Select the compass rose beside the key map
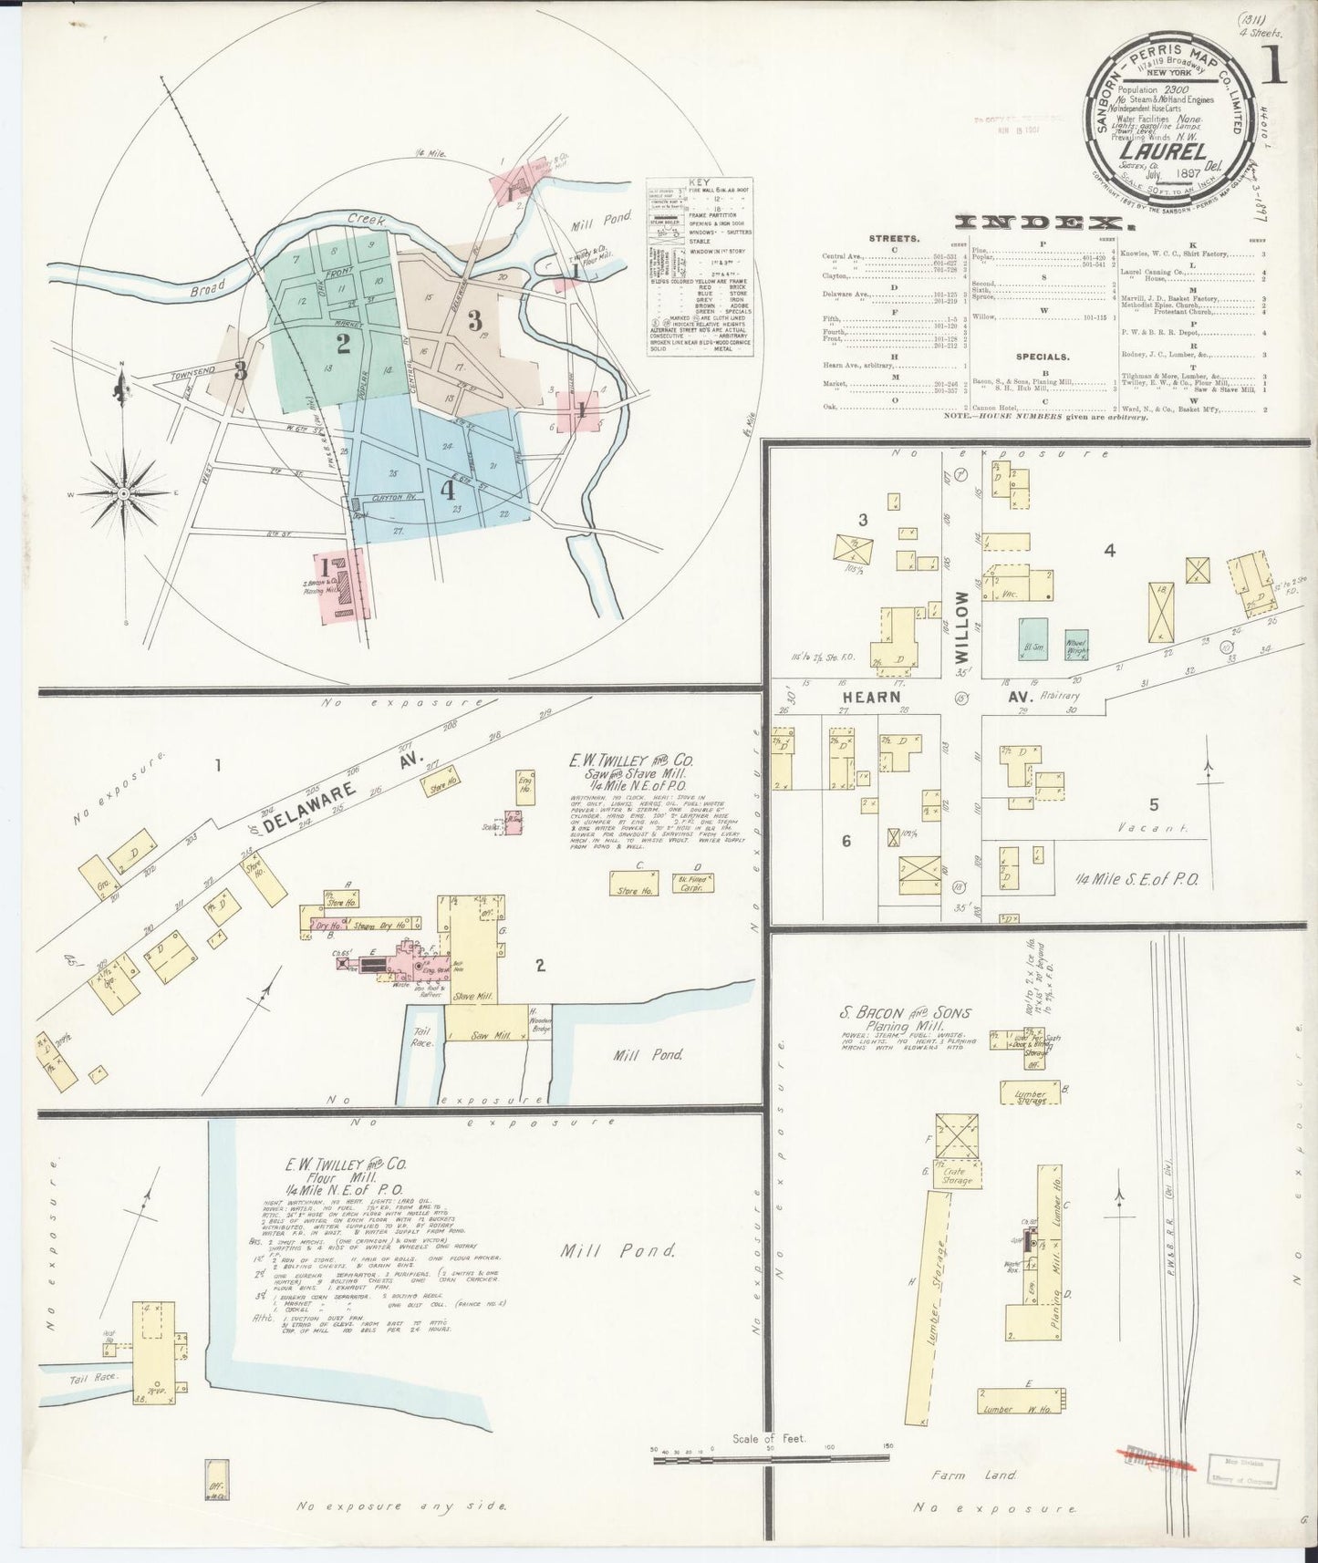tap(121, 492)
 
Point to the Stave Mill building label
tap(473, 997)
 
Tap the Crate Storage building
tap(957, 1175)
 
